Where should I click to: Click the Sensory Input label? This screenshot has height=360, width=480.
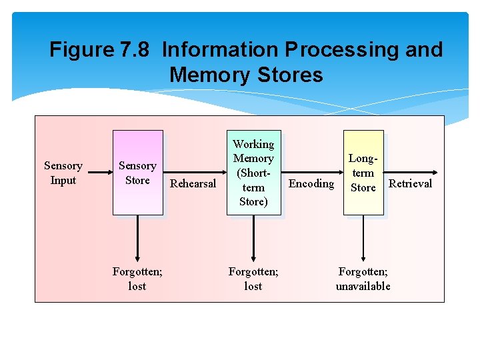tap(63, 173)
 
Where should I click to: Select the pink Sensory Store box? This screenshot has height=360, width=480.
tap(137, 173)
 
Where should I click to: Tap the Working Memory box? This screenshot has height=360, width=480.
tap(253, 173)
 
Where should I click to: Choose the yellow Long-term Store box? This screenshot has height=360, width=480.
tap(363, 173)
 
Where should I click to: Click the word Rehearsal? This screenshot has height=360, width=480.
tap(193, 183)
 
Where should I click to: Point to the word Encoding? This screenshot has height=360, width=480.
tap(311, 183)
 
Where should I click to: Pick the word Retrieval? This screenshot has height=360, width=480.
tap(410, 183)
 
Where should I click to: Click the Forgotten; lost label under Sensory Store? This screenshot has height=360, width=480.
tap(137, 279)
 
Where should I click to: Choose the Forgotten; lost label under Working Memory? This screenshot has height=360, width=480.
tap(253, 279)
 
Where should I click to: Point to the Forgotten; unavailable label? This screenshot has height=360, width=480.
tap(363, 279)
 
